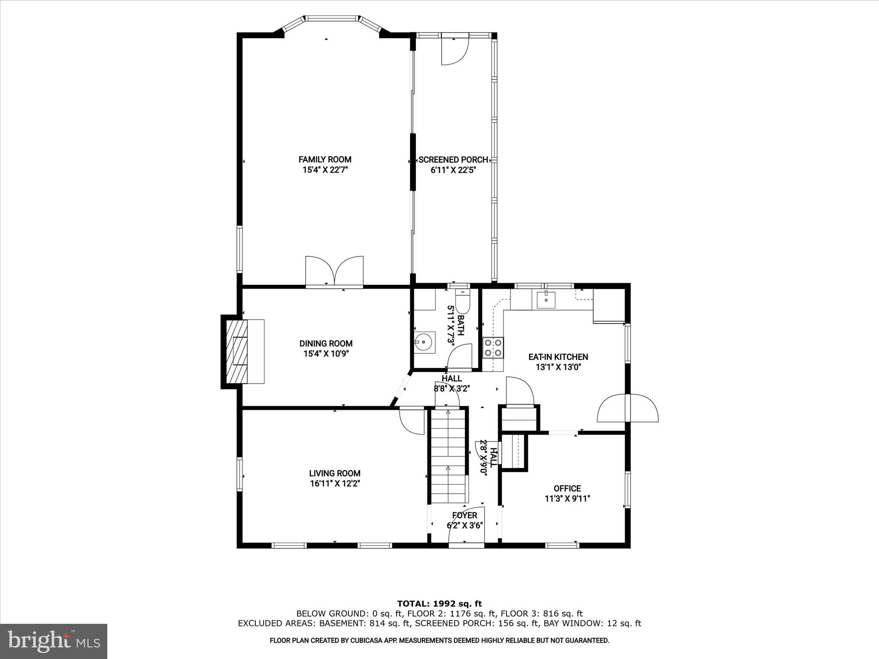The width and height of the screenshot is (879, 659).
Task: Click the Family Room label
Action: click(325, 159)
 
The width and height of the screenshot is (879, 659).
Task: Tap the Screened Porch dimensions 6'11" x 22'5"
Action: click(453, 170)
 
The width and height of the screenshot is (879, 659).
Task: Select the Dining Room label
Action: click(326, 343)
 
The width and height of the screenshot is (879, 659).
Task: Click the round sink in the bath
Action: click(424, 342)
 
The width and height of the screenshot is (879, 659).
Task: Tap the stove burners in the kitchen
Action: click(494, 348)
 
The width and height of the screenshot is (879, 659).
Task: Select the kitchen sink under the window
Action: click(546, 299)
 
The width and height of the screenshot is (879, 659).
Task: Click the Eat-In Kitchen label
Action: click(558, 357)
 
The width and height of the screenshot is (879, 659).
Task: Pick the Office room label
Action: click(567, 488)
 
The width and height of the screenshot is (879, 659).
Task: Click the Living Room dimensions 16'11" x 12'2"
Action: click(335, 484)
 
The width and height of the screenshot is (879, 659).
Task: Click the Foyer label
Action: click(464, 515)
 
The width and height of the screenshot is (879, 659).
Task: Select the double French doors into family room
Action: click(335, 272)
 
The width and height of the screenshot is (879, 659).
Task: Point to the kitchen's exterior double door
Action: click(627, 408)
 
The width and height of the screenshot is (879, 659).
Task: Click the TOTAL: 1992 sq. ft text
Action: click(439, 604)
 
